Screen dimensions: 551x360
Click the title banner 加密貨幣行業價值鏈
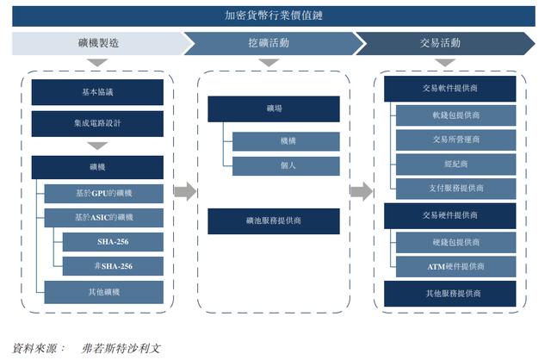tap(274, 16)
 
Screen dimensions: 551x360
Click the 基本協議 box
tap(97, 92)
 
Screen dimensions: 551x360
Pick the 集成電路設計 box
tap(97, 123)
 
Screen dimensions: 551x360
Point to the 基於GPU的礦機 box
tap(103, 194)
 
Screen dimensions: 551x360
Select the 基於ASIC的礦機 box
tap(103, 218)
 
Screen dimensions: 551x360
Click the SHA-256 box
tap(113, 242)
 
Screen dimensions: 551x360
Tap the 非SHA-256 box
tap(113, 266)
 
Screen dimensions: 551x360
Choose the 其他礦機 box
tap(103, 292)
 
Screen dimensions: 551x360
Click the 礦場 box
tap(274, 109)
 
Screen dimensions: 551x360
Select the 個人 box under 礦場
tap(286, 166)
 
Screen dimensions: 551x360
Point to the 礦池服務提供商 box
tap(274, 221)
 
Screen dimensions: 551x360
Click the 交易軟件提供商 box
tap(449, 89)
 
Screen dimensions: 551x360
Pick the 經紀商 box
tap(455, 164)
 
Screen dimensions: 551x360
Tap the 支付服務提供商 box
tap(455, 189)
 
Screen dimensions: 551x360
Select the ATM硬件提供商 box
tap(455, 266)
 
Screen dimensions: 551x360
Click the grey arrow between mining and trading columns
tap(362, 191)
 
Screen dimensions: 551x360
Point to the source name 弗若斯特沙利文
tap(121, 349)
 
